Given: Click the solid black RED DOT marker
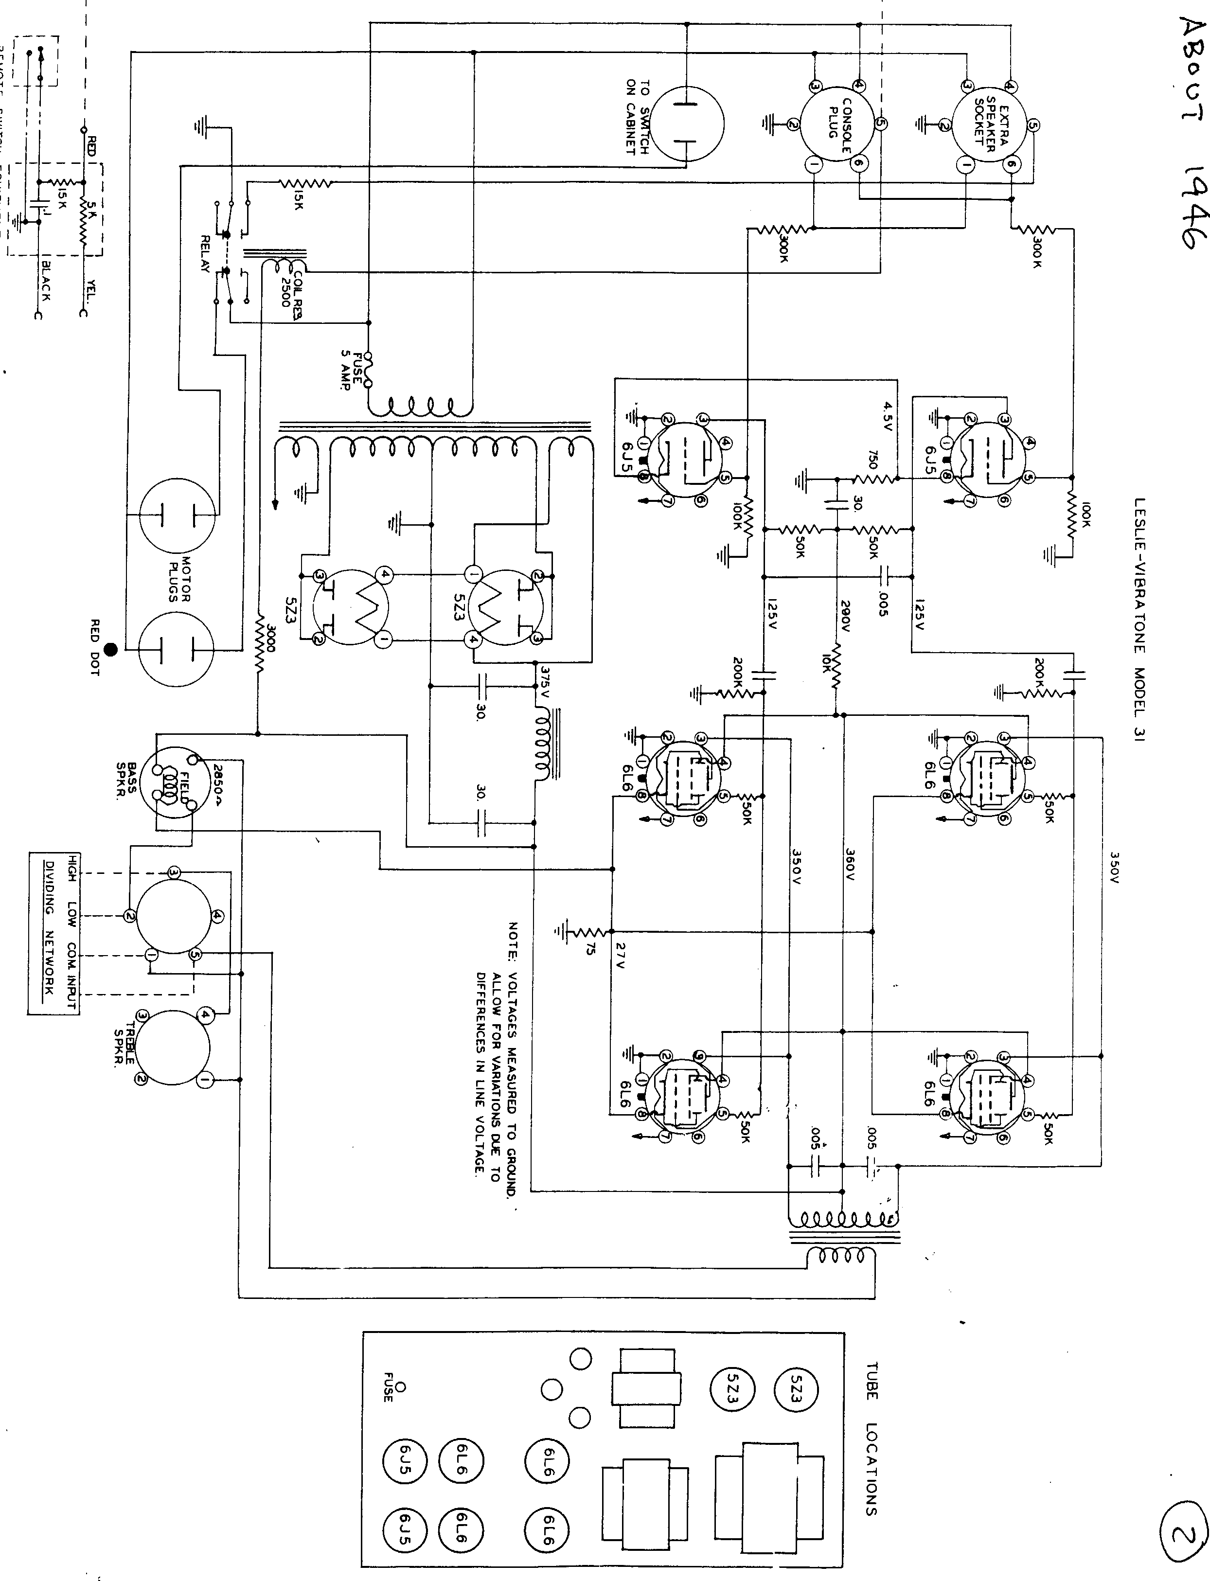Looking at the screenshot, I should pyautogui.click(x=110, y=650).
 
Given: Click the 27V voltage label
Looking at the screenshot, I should pyautogui.click(x=621, y=954).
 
